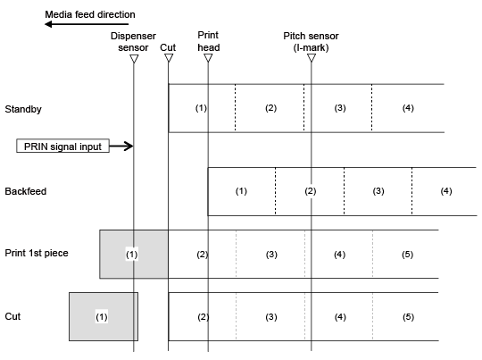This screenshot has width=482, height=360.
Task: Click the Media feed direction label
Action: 90,14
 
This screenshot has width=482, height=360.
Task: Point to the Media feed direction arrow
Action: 87,24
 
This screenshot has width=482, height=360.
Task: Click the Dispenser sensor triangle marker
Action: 134,59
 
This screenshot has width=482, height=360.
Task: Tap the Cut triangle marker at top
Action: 169,58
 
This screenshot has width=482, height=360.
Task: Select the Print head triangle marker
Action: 208,58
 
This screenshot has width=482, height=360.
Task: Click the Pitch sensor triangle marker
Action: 312,58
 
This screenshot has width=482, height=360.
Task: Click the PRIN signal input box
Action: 62,147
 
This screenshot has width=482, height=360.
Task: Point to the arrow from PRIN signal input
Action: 121,146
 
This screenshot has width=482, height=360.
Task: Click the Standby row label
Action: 23,109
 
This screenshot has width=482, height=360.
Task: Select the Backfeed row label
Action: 26,191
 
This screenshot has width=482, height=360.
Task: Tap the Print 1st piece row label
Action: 37,253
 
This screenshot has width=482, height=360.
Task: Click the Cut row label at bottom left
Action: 12,316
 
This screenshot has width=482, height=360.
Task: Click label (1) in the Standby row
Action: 201,108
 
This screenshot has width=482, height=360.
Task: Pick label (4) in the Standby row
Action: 408,108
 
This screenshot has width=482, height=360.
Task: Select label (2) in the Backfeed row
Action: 311,191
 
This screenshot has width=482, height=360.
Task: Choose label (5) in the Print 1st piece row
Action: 407,255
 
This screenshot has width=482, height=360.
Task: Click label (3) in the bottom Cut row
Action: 271,317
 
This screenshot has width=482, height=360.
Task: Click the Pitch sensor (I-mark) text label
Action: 311,41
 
